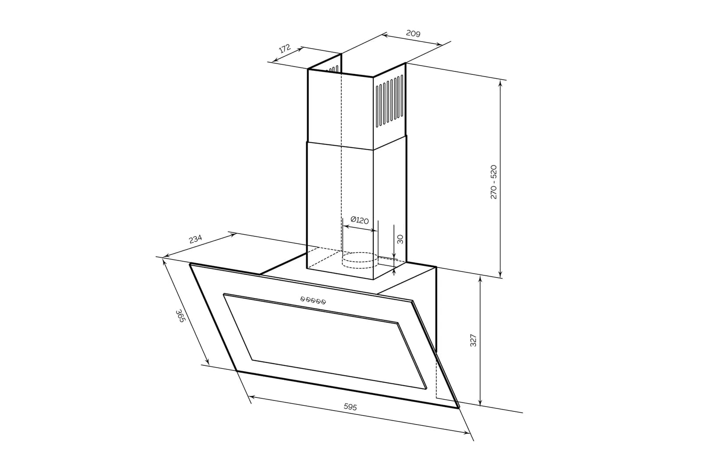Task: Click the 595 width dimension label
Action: click(x=350, y=407)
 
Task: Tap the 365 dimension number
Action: click(x=181, y=316)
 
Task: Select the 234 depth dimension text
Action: click(x=195, y=239)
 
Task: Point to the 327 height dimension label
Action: click(x=473, y=340)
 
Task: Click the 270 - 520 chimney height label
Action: click(x=493, y=182)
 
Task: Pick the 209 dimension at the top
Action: click(x=413, y=33)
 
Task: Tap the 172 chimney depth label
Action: click(x=285, y=49)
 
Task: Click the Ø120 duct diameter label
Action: click(x=360, y=220)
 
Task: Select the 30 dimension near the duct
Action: click(x=400, y=239)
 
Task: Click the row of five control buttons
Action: click(x=313, y=300)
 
